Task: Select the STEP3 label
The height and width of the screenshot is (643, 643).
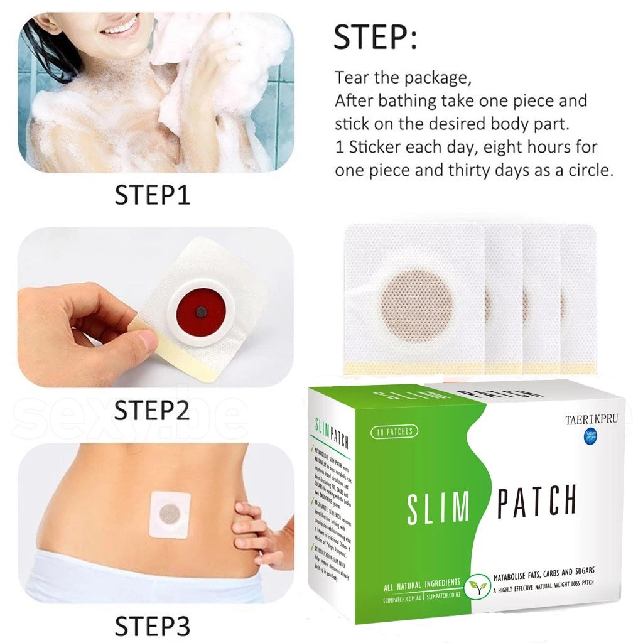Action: click(x=153, y=625)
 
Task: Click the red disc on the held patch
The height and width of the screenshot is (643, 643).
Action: click(x=200, y=312)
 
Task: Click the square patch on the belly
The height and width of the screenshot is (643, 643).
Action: click(x=170, y=514)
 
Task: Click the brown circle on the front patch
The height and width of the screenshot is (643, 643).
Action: click(x=416, y=305)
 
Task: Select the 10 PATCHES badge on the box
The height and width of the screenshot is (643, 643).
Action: click(x=394, y=431)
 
